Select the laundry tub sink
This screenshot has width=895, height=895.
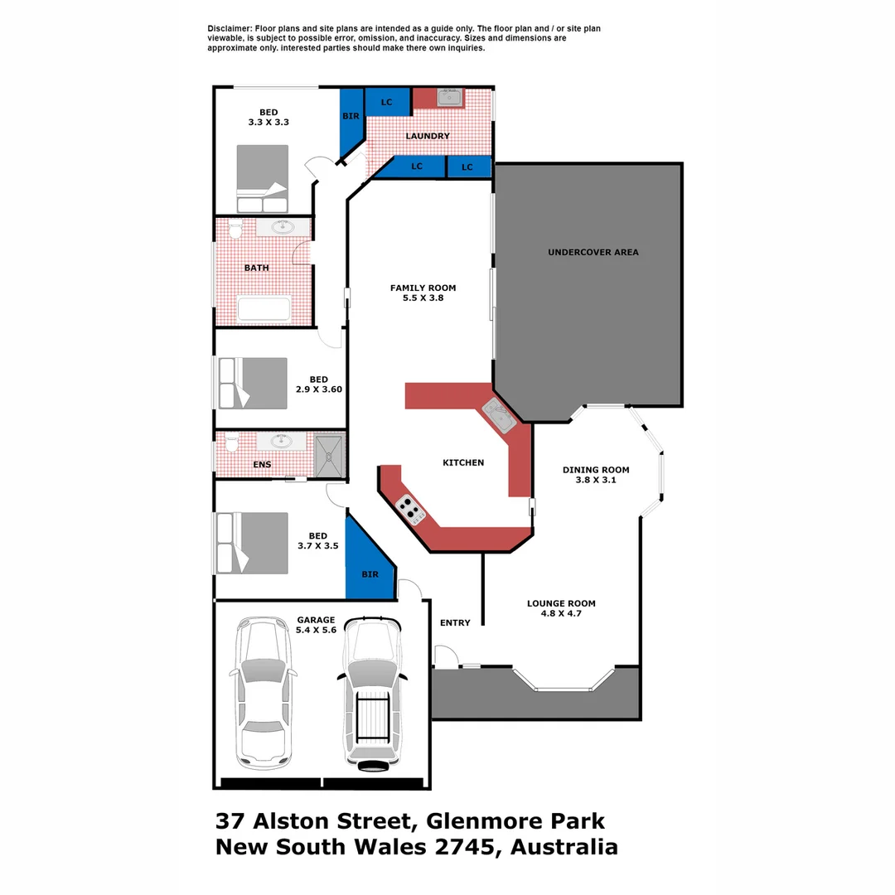point(450,99)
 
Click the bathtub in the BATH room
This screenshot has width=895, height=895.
point(264,309)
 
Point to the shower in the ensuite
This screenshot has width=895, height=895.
point(330,454)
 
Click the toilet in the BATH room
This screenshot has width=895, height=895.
point(234,230)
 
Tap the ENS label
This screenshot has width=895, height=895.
point(262,465)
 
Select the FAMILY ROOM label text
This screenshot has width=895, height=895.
point(423,288)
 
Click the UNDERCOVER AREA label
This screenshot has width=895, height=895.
point(593,252)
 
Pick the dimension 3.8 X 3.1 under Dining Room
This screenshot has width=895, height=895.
point(596,480)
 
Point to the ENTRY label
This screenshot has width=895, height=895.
point(455,623)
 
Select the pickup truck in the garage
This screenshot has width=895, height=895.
point(373,693)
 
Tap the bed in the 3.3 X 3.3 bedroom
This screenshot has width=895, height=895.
point(263,179)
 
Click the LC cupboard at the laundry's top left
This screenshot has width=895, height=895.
point(386,102)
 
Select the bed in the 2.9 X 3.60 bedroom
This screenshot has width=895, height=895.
point(252,383)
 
